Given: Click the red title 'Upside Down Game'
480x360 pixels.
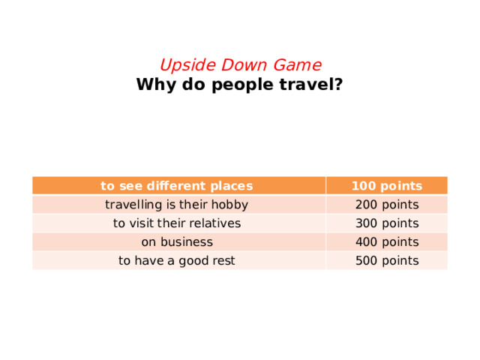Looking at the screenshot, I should (240, 65).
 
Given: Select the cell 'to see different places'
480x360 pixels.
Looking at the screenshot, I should (177, 186).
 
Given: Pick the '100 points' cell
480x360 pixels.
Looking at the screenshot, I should (386, 186).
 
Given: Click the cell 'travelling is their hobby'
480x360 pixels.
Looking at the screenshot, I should (177, 205).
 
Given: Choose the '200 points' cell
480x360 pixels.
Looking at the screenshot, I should (386, 205).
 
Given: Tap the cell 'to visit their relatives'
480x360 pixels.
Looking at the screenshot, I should (177, 223).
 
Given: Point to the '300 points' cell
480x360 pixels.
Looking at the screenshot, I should (386, 223).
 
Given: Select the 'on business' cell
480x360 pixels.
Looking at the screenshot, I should (177, 242).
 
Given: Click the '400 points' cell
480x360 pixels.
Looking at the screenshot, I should (386, 242).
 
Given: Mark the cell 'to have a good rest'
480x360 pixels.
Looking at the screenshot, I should (177, 261).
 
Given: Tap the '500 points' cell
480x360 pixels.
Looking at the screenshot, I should (386, 261).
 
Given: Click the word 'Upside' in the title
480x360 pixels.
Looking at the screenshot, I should (184, 65).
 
